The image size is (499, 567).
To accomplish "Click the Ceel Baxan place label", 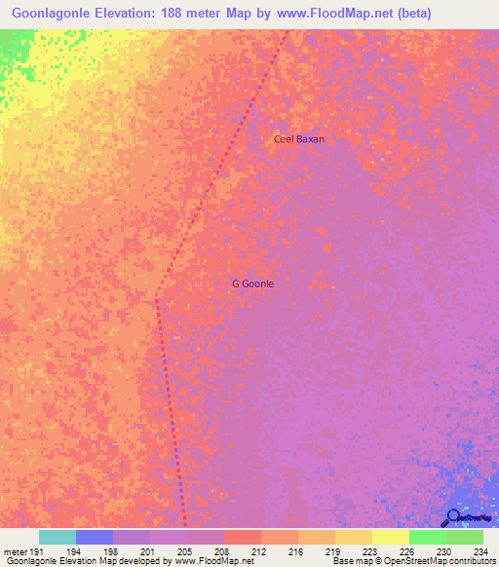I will point(298,139).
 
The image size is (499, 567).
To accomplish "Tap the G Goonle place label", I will point(252,283).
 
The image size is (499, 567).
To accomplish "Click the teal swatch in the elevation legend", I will point(58,537).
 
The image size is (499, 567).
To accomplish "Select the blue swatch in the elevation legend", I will point(95,537).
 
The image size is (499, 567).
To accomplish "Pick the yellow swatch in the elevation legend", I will point(391,537).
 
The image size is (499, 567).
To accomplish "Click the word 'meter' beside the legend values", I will point(16,550).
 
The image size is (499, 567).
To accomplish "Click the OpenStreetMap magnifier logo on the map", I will point(452,517).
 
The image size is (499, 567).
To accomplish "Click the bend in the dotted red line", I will point(157,301).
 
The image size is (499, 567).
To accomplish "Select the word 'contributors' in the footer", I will point(470,561).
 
